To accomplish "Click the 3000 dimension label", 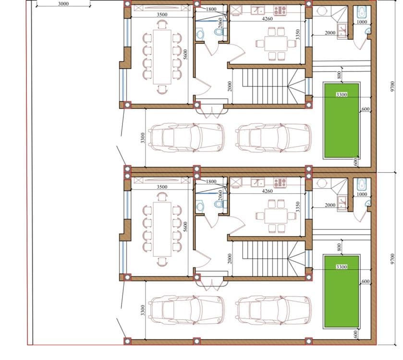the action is [x=63, y=4].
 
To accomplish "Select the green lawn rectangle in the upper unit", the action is [x=342, y=120].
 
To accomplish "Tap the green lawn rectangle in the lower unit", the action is [x=342, y=291].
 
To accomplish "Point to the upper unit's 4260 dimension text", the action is [x=267, y=19].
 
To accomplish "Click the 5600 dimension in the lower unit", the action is [x=185, y=227].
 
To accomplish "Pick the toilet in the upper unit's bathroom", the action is [x=219, y=32].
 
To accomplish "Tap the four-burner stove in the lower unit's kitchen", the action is [x=280, y=182].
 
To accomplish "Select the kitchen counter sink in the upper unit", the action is [x=257, y=11].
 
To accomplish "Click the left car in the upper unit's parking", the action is [x=187, y=138].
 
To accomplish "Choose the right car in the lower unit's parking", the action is [x=273, y=310].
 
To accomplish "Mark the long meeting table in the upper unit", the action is [x=162, y=57].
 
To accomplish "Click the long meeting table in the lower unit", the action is [x=162, y=229].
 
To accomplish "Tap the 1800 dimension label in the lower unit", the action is [x=211, y=181].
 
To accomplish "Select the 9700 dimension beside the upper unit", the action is [x=392, y=86].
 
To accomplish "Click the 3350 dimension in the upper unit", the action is [x=298, y=35].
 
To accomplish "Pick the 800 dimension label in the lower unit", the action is [x=339, y=247].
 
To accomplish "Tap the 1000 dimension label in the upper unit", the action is [x=362, y=22].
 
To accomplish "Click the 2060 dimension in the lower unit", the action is [x=220, y=195].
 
